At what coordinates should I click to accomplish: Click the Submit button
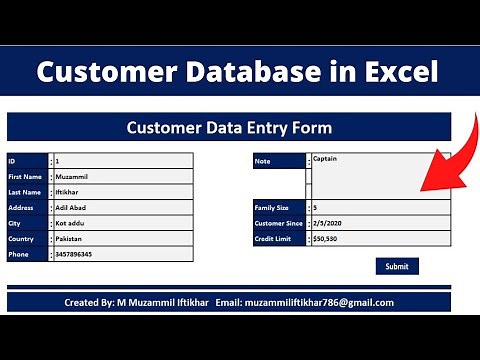tap(397, 266)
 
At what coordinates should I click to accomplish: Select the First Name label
tap(25, 176)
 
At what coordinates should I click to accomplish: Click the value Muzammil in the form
tap(72, 176)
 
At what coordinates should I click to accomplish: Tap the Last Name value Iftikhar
tap(69, 192)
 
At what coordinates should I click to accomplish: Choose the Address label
tap(21, 208)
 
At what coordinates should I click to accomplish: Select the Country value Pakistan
tap(71, 239)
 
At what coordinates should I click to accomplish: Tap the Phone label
tap(19, 255)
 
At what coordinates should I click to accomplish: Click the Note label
tap(264, 161)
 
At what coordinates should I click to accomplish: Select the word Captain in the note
tap(325, 158)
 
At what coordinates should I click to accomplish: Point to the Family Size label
tap(273, 208)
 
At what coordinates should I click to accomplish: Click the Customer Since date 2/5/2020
tap(328, 223)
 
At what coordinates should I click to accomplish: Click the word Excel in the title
tap(392, 72)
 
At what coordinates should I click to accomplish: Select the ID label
tap(12, 161)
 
